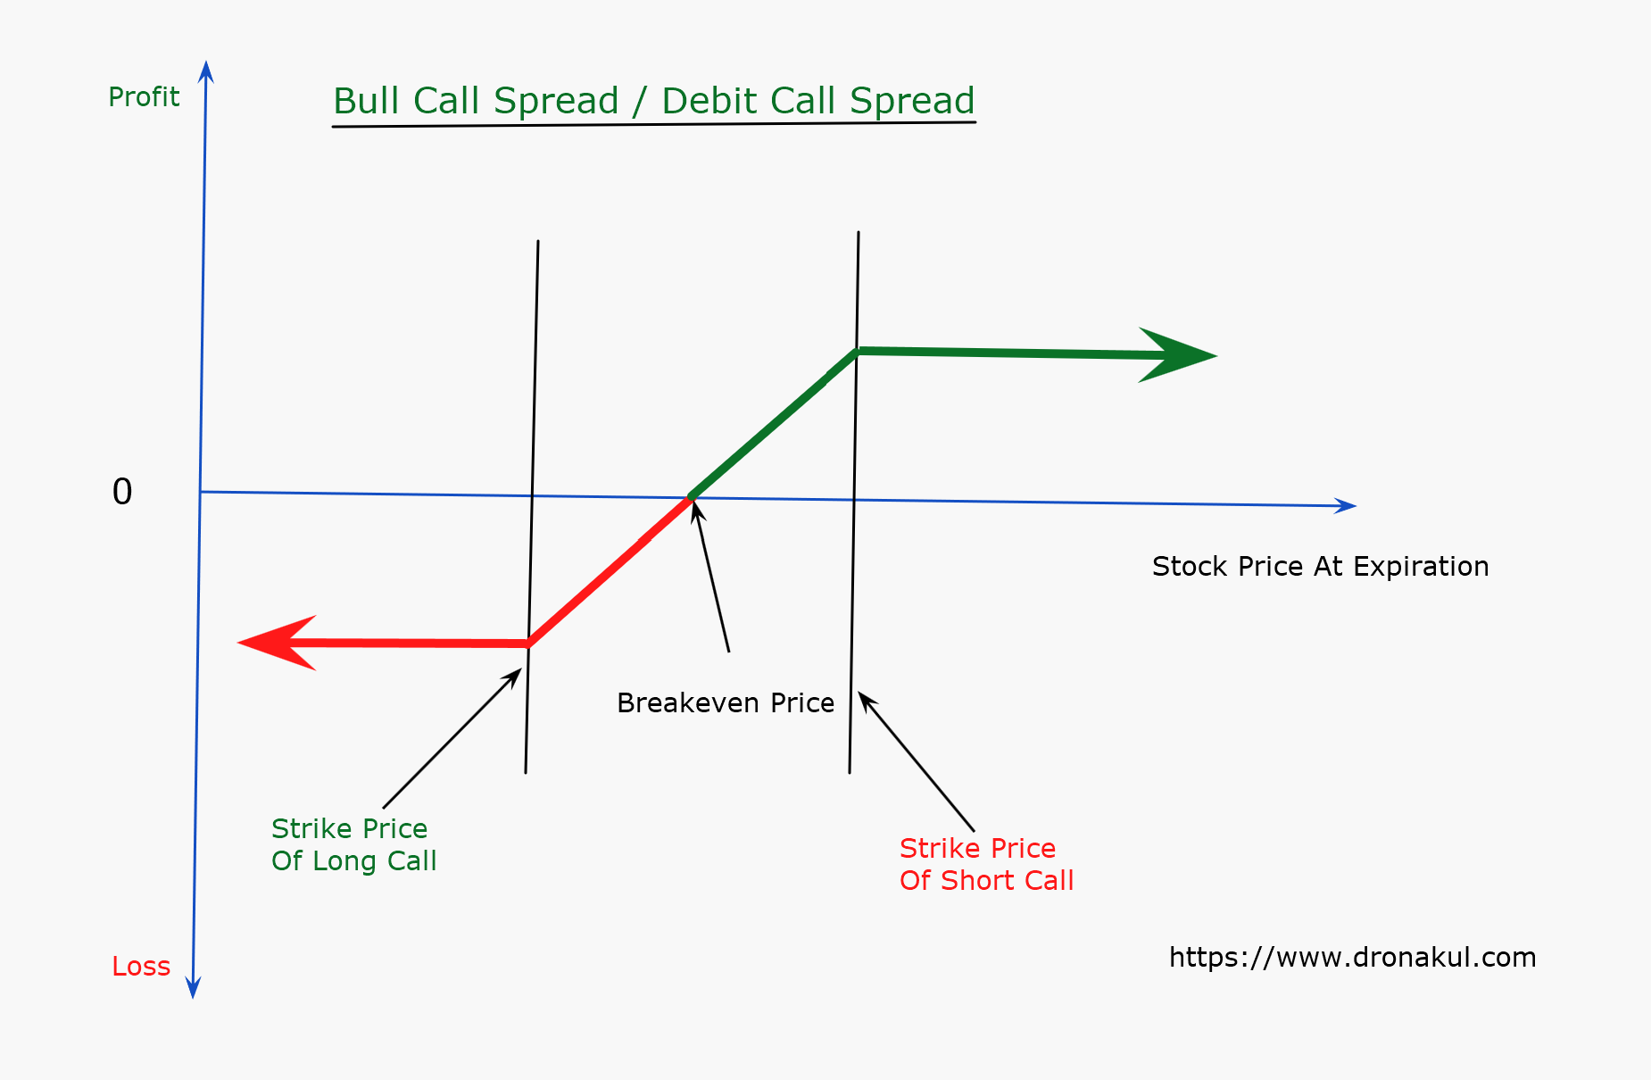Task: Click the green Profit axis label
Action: (144, 96)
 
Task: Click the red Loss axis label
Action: (141, 966)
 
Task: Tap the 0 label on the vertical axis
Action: (122, 492)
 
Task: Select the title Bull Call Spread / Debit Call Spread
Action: (653, 101)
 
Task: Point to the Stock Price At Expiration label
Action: (1320, 567)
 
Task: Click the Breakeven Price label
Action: (726, 703)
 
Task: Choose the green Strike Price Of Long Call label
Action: (353, 844)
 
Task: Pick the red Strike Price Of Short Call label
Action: (986, 864)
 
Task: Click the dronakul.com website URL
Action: (1353, 958)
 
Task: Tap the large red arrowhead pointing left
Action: (277, 643)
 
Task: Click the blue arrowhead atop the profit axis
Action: (206, 71)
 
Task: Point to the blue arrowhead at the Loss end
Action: (193, 987)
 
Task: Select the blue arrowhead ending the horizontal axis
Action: (1346, 506)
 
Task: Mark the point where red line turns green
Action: (691, 497)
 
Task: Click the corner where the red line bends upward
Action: (528, 643)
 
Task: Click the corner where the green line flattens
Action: (857, 351)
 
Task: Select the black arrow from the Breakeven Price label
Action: (711, 576)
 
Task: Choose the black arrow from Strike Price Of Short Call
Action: (917, 761)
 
